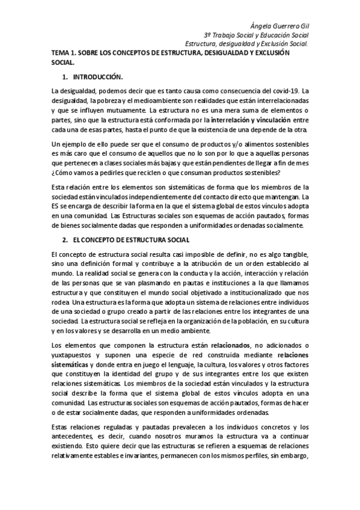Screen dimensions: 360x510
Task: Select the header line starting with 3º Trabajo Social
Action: tap(257, 35)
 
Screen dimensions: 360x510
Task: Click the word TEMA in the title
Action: tap(61, 53)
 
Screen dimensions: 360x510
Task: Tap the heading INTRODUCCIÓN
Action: tap(97, 78)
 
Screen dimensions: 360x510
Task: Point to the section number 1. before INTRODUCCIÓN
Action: tap(65, 78)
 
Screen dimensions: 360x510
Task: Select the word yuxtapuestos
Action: tap(72, 354)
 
